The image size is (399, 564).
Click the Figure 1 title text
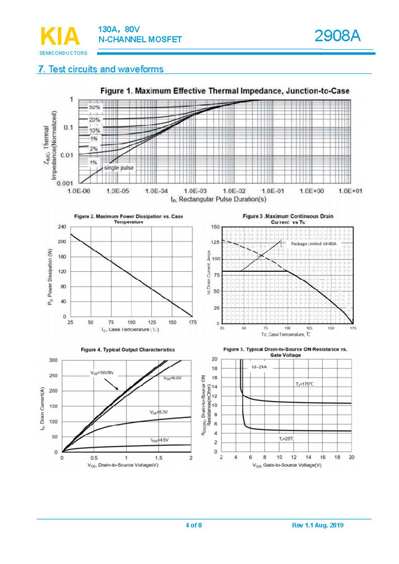click(224, 90)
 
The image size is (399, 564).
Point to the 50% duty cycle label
click(95, 107)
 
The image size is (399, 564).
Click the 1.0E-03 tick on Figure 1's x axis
click(195, 191)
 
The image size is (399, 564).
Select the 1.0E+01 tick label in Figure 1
click(350, 191)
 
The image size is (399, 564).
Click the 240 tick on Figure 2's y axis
click(61, 227)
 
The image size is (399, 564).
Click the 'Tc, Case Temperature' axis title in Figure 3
click(286, 334)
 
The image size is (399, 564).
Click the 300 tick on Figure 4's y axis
click(53, 360)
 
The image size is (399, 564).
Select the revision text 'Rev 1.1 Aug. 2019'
click(317, 525)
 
